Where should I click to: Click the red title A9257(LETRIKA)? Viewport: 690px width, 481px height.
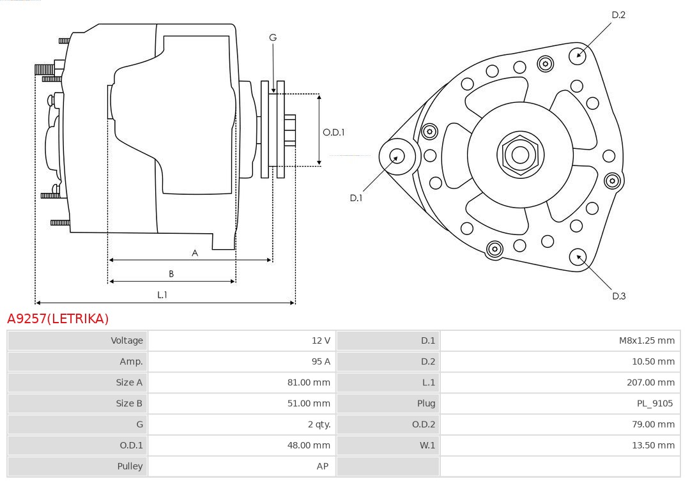click(x=58, y=318)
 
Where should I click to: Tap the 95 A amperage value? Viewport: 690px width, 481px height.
click(x=321, y=362)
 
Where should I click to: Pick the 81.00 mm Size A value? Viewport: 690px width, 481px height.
click(x=309, y=383)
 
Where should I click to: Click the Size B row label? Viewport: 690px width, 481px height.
click(x=129, y=403)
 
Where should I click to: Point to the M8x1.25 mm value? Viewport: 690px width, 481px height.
click(x=646, y=340)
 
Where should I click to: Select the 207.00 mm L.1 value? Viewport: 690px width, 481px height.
click(x=650, y=383)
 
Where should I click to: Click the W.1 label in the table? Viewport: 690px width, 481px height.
click(x=427, y=445)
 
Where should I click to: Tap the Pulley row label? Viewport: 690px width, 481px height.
click(x=130, y=466)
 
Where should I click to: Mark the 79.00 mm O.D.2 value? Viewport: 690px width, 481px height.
click(x=653, y=424)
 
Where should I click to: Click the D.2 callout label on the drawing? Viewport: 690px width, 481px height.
click(x=618, y=15)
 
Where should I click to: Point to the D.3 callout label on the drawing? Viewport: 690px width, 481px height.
click(x=618, y=296)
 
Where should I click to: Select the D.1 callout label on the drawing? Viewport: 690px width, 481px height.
click(x=356, y=198)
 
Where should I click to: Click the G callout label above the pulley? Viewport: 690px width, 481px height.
click(x=273, y=38)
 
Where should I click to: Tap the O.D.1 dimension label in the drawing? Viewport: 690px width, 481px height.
click(x=333, y=132)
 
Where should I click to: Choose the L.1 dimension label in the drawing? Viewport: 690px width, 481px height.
click(x=162, y=294)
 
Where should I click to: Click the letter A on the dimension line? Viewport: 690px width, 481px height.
click(x=195, y=253)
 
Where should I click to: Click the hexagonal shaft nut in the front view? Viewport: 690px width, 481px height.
click(x=520, y=154)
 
